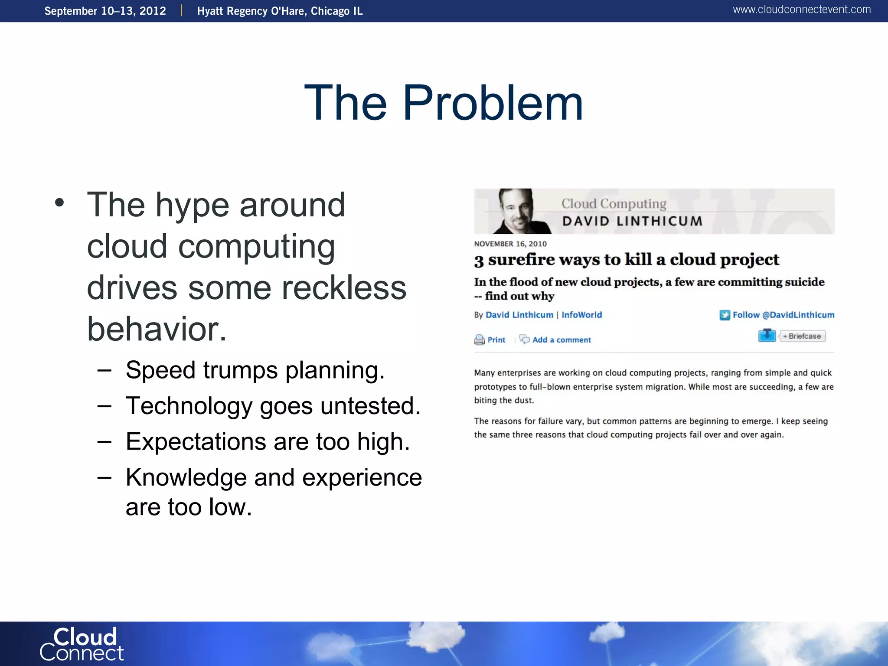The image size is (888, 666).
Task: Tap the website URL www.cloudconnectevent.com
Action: (801, 10)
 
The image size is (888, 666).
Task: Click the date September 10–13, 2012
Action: (105, 11)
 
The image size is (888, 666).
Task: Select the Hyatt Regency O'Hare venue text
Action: (280, 11)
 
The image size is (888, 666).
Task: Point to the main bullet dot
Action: (59, 202)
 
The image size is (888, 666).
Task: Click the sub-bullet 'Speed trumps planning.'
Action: (255, 370)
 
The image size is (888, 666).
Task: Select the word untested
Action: (370, 406)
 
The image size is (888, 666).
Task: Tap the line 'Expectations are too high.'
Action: (268, 442)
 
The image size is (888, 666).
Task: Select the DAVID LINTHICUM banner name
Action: (632, 221)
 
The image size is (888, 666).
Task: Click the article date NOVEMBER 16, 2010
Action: (510, 244)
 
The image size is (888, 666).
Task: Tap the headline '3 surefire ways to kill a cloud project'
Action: (627, 260)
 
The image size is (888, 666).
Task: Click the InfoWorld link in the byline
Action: (581, 315)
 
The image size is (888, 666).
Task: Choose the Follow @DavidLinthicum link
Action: (783, 315)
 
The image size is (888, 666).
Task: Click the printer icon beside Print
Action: (479, 340)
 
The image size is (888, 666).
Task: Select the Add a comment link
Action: (561, 340)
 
